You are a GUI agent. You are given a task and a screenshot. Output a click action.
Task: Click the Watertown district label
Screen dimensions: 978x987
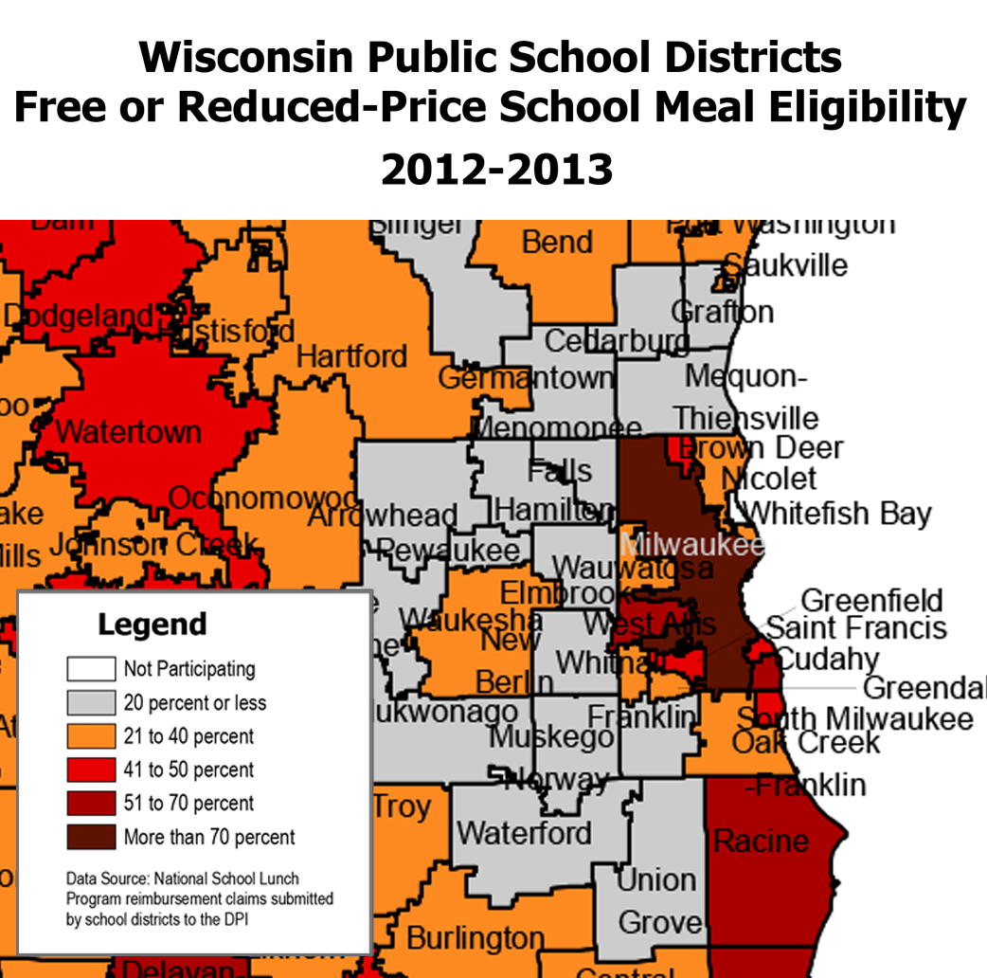coord(129,432)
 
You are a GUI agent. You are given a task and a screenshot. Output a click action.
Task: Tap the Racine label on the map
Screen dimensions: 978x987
coord(762,840)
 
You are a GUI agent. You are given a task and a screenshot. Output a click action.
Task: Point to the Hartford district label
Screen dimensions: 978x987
coord(351,357)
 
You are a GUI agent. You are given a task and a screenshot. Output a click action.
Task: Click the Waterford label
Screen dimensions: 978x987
coord(524,833)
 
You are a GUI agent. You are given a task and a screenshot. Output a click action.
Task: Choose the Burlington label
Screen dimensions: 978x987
coord(476,938)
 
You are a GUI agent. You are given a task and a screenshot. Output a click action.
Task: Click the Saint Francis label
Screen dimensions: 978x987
coord(856,627)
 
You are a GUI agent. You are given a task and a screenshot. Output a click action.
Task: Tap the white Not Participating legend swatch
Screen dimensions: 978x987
coord(91,669)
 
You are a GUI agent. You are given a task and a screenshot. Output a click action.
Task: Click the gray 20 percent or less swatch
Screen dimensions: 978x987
coord(91,702)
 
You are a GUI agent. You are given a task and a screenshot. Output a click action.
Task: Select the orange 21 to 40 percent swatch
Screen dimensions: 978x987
coord(91,736)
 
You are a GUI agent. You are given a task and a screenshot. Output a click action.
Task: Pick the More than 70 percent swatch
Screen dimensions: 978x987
coord(91,837)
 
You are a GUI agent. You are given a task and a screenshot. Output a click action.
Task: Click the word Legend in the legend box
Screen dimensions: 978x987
coord(152,625)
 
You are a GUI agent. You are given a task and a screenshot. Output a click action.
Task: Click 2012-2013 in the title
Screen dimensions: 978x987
coord(496,170)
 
